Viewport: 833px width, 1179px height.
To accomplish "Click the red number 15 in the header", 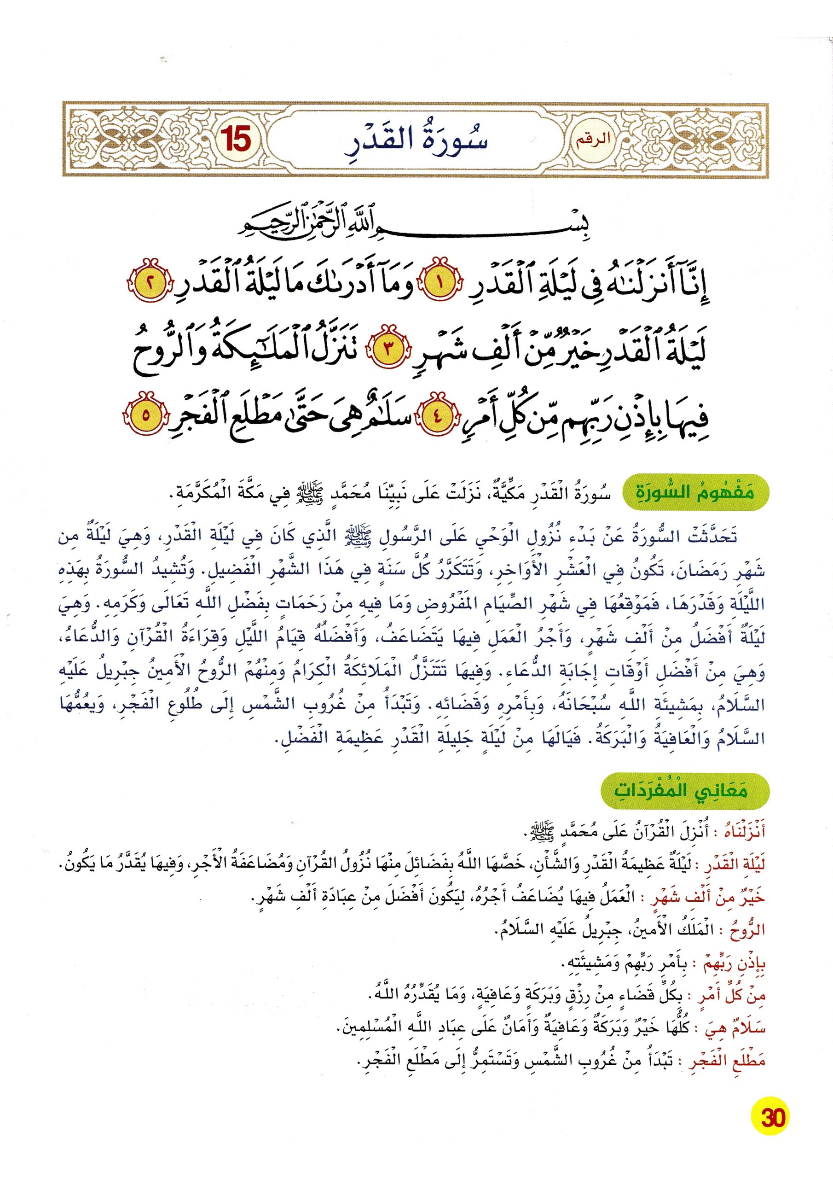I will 236,140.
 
